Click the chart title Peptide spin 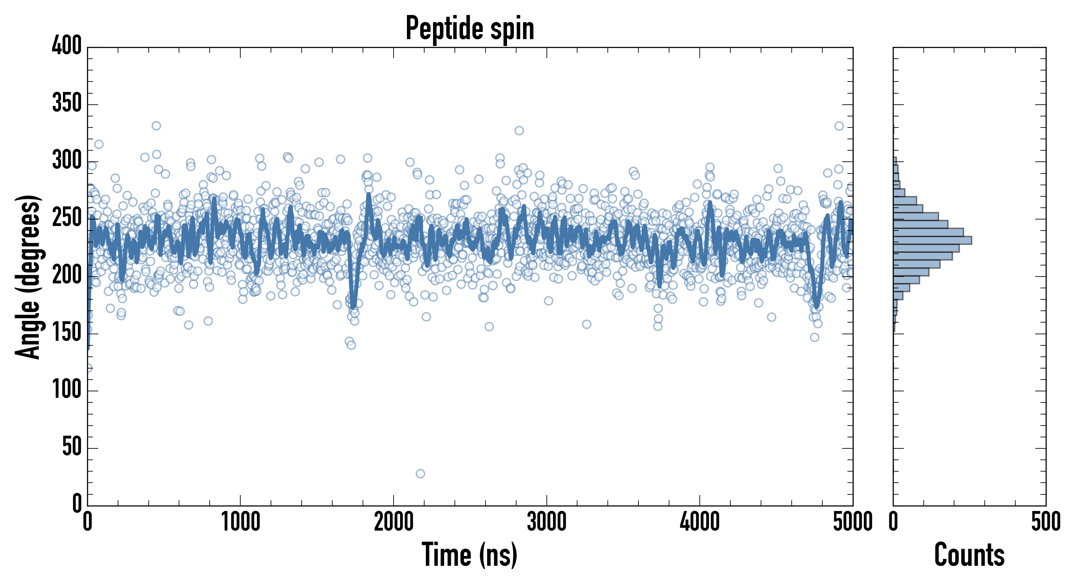tap(470, 28)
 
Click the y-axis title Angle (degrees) tap(28, 277)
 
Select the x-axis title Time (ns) tap(470, 554)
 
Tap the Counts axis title tap(969, 554)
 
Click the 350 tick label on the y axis tap(67, 103)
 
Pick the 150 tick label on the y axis tap(67, 333)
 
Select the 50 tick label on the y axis tap(72, 447)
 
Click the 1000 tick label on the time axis tap(241, 522)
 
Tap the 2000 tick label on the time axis tap(394, 522)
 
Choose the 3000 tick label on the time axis tap(546, 522)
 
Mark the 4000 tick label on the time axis tap(700, 522)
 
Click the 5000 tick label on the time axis tap(853, 522)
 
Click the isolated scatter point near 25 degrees tap(420, 474)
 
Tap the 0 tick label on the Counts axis tap(893, 522)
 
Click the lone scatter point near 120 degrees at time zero tap(88, 368)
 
